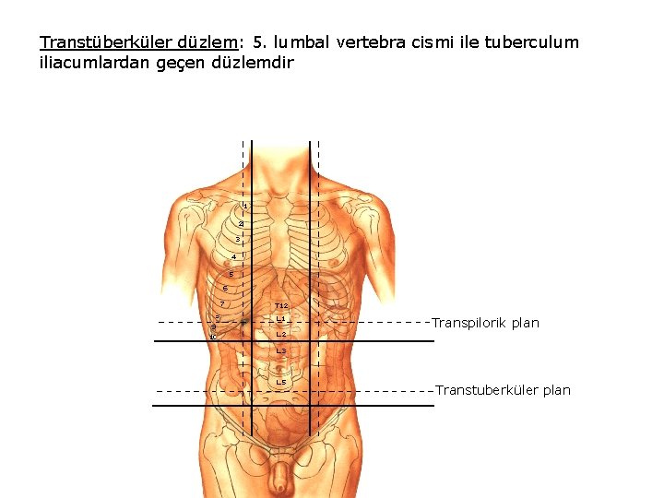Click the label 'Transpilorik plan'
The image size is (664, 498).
coord(485,323)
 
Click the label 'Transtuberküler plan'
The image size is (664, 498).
coord(503,390)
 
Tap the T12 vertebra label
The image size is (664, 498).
coord(281,305)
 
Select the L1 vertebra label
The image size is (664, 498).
coord(281,319)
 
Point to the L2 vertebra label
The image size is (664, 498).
coord(281,334)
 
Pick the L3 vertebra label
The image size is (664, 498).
coord(281,351)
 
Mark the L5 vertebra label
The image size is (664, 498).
coord(281,382)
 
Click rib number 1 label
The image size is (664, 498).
coord(244,206)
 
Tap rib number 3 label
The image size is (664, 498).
coord(237,240)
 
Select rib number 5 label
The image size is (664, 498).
coord(231,274)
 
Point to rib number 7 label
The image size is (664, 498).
coord(223,304)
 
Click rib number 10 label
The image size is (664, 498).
coord(213,338)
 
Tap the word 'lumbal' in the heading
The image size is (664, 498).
coord(301,42)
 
